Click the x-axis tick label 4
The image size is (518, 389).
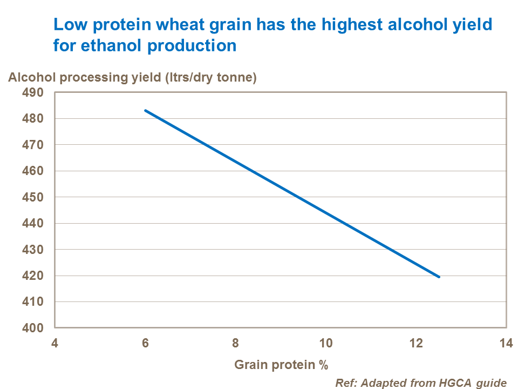pyautogui.click(x=54, y=344)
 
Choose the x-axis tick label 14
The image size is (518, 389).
pyautogui.click(x=506, y=344)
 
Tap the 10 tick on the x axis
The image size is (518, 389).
pyautogui.click(x=325, y=344)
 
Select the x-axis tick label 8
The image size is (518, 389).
pyautogui.click(x=235, y=344)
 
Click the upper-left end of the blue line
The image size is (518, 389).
pyautogui.click(x=145, y=110)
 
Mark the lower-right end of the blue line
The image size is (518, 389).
pyautogui.click(x=439, y=277)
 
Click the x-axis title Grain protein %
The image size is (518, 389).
pyautogui.click(x=281, y=365)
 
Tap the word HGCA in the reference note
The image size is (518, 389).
pyautogui.click(x=446, y=383)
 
